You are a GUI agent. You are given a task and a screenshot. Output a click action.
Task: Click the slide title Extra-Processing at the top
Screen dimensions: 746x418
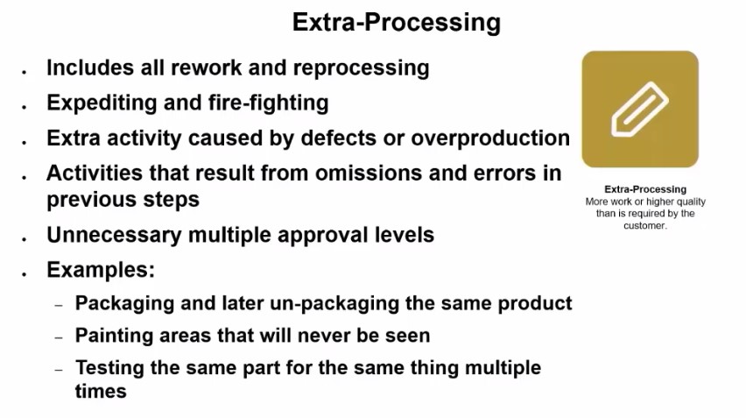[x=397, y=23]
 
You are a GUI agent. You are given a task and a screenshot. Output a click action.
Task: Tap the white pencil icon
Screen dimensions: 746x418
[x=639, y=110]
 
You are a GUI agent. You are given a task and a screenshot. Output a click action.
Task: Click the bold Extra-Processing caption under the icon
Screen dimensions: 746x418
[x=645, y=189]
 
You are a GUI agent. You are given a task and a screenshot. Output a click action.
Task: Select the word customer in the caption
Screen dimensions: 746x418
[x=644, y=226]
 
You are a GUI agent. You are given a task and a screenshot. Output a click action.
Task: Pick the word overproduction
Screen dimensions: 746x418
[x=490, y=138]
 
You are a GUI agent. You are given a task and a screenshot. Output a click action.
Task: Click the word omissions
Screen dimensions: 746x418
[x=368, y=174]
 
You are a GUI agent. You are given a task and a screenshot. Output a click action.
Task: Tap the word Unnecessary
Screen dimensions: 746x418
[x=114, y=235]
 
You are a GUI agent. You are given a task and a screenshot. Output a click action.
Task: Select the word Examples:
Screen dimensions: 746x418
[x=101, y=270]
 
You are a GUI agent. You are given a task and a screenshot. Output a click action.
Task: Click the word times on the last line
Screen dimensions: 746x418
[x=101, y=392]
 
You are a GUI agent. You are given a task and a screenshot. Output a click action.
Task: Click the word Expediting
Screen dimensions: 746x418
[x=102, y=103]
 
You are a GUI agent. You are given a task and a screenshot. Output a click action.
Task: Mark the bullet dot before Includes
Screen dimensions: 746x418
[x=25, y=72]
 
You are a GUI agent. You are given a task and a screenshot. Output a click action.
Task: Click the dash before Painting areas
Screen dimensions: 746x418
[x=59, y=338]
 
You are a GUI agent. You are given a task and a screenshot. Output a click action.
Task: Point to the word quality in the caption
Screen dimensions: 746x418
[x=689, y=202]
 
